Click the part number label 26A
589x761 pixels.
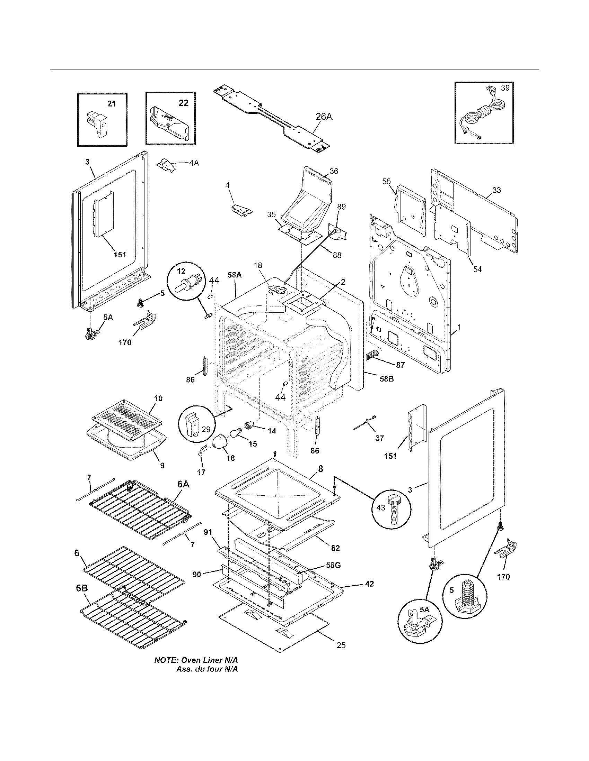tap(324, 117)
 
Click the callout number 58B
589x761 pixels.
tap(386, 379)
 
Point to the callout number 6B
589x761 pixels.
tap(82, 588)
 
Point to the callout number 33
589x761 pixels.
tap(496, 190)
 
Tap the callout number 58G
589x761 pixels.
tap(333, 565)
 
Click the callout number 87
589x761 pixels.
tap(400, 365)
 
